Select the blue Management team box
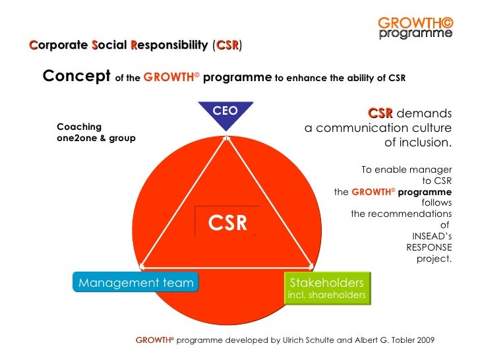pyautogui.click(x=136, y=283)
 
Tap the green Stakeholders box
pyautogui.click(x=326, y=287)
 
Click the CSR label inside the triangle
pyautogui.click(x=227, y=224)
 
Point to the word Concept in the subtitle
pyautogui.click(x=76, y=76)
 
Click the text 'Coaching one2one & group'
pyautogui.click(x=96, y=133)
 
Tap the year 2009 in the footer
pyautogui.click(x=425, y=340)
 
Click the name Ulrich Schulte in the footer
pyautogui.click(x=295, y=340)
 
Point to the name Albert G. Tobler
pyautogui.click(x=376, y=340)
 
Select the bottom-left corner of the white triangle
pyautogui.click(x=142, y=267)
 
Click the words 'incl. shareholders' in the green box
pyautogui.click(x=326, y=295)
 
